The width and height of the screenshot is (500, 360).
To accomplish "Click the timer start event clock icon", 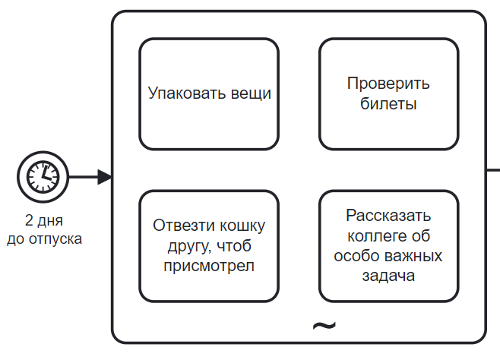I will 43,177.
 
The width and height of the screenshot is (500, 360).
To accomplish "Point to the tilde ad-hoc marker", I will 324,326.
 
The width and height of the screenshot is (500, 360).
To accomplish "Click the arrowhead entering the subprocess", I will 106,177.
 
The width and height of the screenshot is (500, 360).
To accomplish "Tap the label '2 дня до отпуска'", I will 44,229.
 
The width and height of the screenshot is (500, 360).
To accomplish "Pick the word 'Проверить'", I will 388,84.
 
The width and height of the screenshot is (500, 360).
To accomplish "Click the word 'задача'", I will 388,276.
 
